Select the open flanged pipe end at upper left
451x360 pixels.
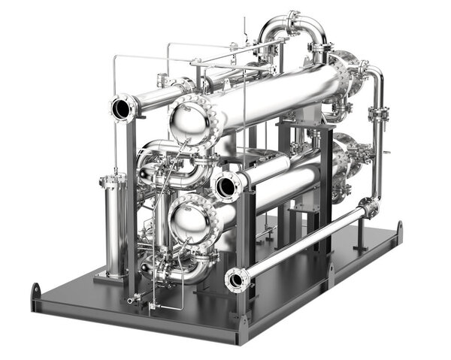(122, 108)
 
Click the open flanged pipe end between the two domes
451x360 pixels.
(225, 185)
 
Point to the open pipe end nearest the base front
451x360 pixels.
(237, 280)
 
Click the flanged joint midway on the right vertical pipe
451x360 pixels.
(378, 114)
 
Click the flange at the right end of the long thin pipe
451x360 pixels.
(368, 207)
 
